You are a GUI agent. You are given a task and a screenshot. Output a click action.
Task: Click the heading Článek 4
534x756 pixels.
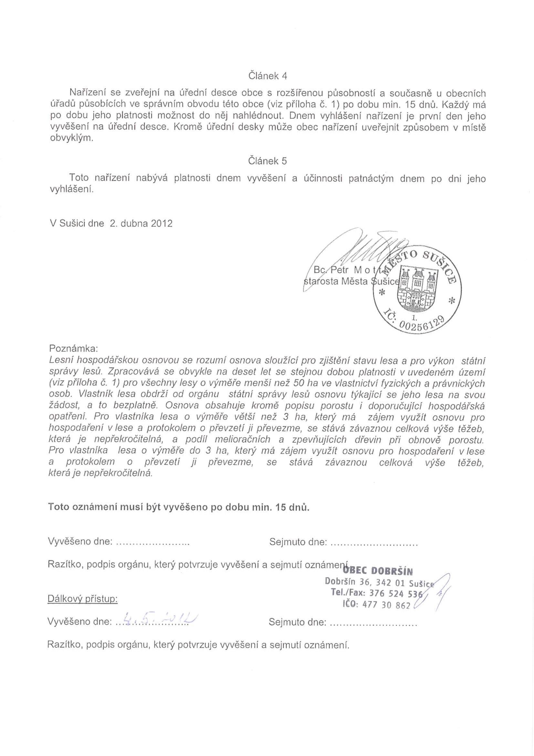pos(267,76)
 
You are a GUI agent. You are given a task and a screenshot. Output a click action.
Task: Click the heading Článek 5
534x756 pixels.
pos(267,161)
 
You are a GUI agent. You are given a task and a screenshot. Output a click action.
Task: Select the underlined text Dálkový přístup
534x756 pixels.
pos(83,599)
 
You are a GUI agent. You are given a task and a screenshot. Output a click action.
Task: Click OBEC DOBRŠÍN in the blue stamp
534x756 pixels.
pos(378,571)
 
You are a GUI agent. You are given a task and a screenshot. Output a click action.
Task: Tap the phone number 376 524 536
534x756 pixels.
pos(396,593)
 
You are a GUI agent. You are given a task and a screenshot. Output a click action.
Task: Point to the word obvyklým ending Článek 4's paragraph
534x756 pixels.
pos(71,139)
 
